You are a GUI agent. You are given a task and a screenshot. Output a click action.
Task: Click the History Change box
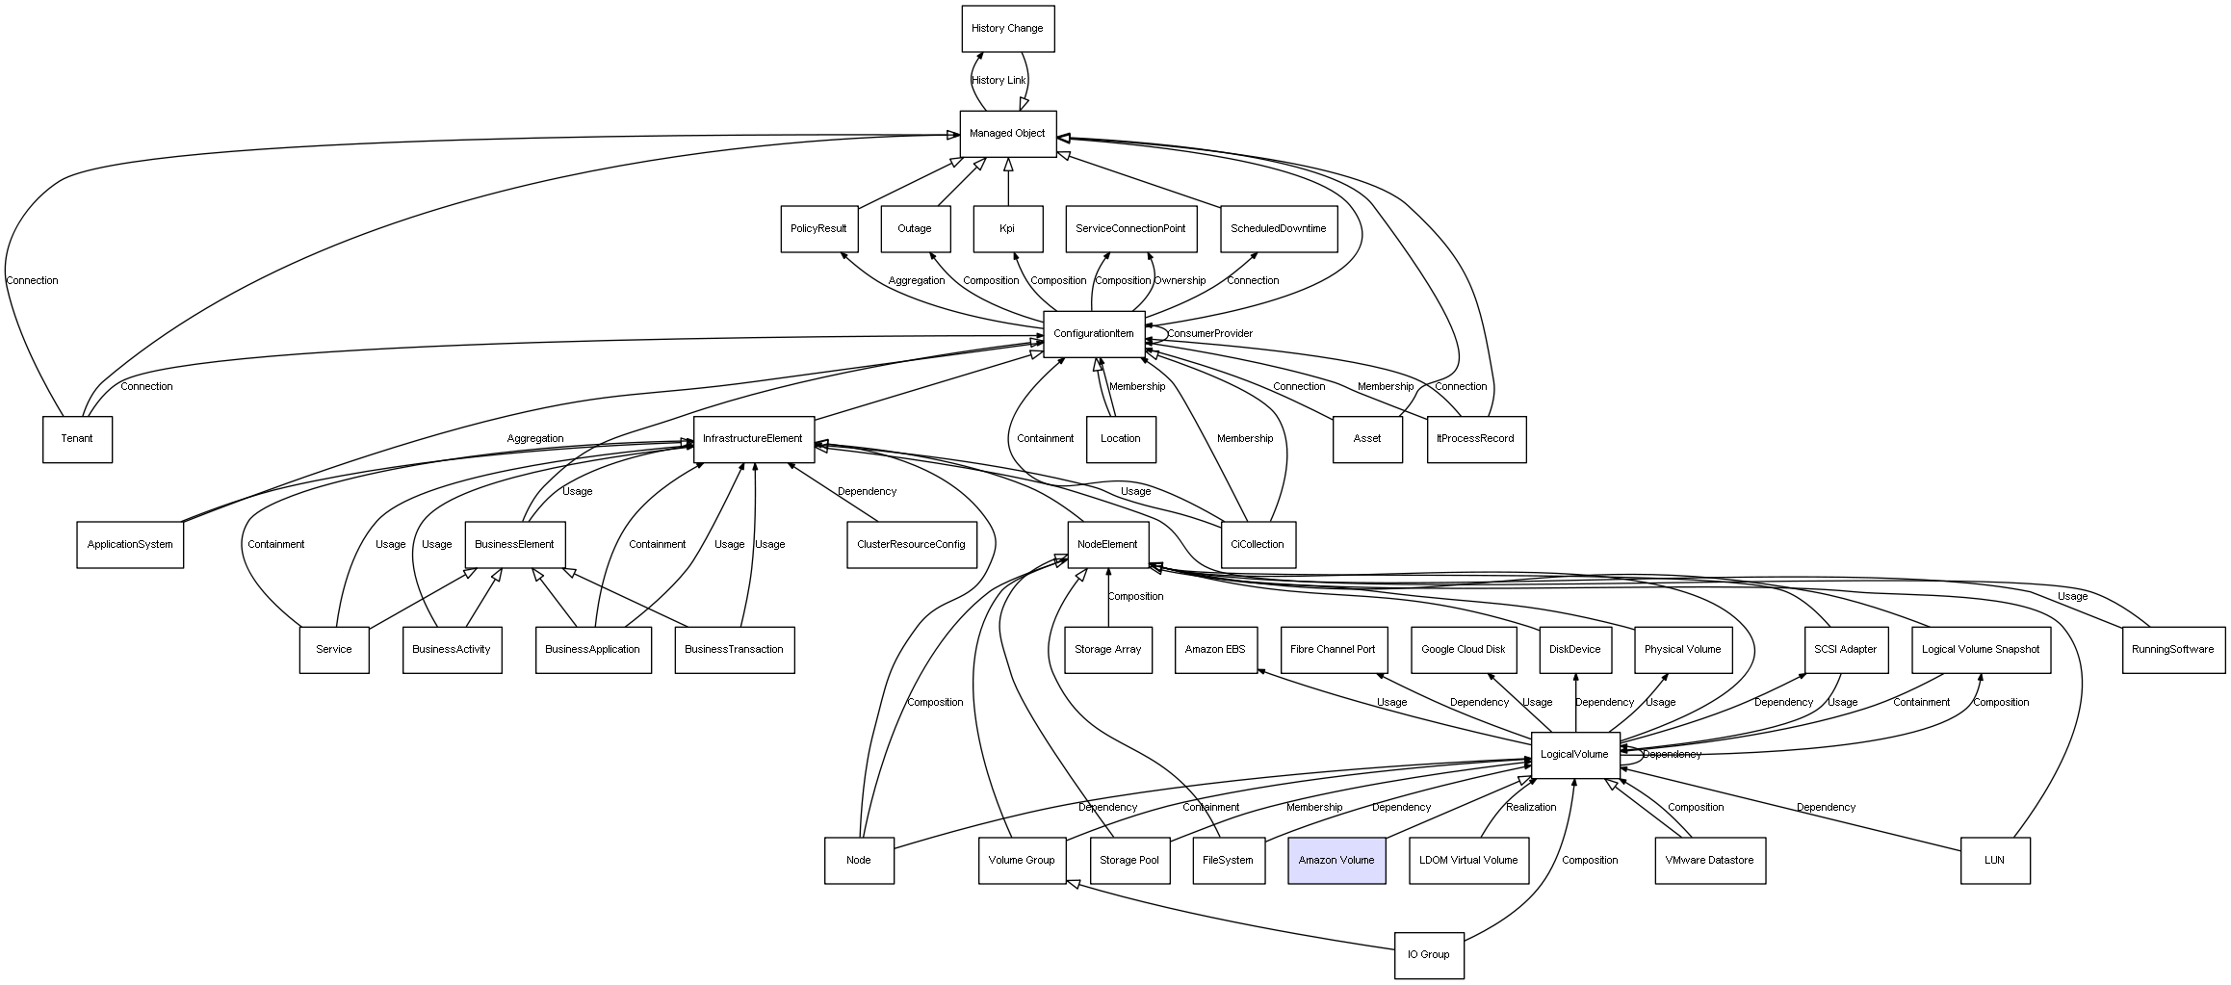coord(1008,29)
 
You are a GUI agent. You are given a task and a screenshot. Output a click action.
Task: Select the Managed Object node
coord(1008,134)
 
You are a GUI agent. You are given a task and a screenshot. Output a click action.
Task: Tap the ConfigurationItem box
coord(1094,334)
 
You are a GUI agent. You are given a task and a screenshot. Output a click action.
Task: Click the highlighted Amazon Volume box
coord(1336,861)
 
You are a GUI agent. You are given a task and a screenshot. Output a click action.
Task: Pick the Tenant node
coord(77,439)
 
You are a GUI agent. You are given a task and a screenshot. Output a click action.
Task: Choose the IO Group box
coord(1429,955)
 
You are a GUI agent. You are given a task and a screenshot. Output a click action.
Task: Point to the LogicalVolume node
coord(1575,755)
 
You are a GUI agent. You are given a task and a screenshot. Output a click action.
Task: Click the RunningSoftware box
coord(2173,650)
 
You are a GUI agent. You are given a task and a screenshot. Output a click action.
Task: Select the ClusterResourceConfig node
coord(911,545)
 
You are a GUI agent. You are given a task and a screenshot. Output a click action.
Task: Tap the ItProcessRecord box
coord(1476,439)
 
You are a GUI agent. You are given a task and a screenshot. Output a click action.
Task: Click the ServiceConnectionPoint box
coord(1130,229)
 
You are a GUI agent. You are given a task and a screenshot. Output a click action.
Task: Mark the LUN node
coord(1995,861)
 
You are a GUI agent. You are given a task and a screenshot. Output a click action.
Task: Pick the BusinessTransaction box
coord(735,650)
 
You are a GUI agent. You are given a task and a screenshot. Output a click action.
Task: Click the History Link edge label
coord(999,81)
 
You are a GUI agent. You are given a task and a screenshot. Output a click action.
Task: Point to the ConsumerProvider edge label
coord(1210,334)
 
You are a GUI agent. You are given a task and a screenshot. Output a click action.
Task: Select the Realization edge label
coord(1531,808)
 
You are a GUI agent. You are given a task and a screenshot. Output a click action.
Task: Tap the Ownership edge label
coord(1180,281)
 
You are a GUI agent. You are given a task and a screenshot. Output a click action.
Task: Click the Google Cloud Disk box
coord(1464,650)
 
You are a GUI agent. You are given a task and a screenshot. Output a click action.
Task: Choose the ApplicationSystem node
coord(130,545)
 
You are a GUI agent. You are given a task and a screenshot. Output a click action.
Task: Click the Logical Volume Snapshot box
coord(1981,650)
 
